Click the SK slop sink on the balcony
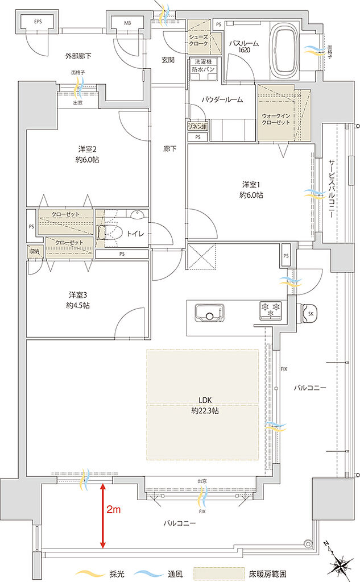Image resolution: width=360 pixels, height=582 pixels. coord(309,314)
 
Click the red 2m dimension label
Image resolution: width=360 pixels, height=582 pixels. coord(113,510)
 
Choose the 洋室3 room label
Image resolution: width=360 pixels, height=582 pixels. coord(80,300)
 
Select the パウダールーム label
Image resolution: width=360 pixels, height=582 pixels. coord(222,99)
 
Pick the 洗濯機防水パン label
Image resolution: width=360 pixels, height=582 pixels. coord(202,65)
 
